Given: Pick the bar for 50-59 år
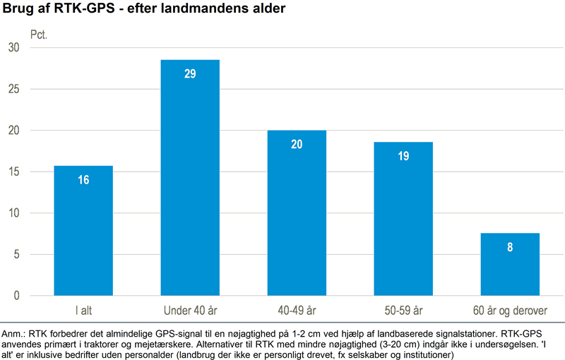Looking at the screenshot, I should (403, 219).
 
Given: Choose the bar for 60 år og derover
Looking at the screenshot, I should (509, 264).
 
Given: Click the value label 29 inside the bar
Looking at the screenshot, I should (190, 73).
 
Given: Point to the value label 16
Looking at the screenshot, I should (83, 180).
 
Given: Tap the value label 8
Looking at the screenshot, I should (509, 247).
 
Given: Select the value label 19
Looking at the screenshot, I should (403, 156).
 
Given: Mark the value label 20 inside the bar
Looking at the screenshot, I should (297, 145).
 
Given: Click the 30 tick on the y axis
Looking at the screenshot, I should (14, 47).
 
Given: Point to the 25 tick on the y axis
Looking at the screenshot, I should (14, 89).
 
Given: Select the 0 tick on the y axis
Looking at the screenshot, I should (17, 296).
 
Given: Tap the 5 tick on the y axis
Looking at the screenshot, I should (17, 254).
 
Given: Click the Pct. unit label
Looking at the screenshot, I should (39, 33).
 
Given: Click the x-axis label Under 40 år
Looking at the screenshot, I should (190, 310).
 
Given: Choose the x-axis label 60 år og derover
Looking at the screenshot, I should (509, 310).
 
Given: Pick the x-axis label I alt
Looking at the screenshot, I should (83, 310).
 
